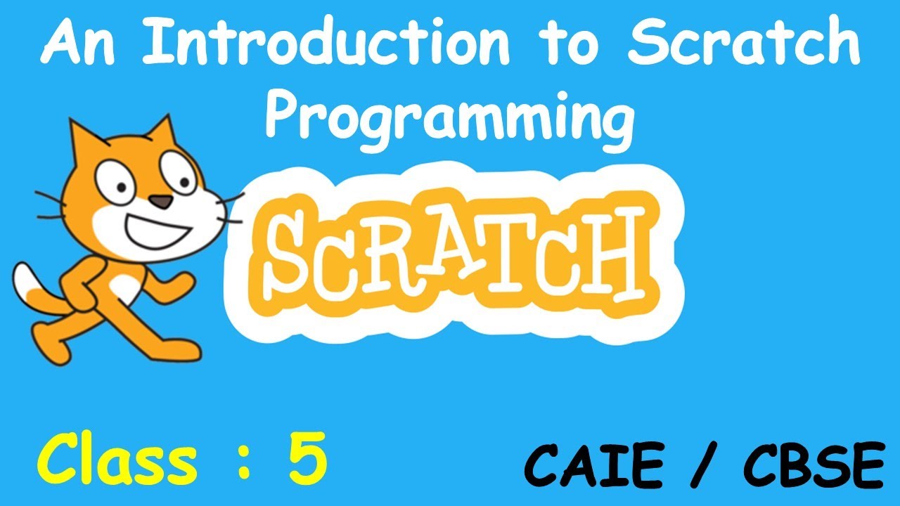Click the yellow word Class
(x=115, y=460)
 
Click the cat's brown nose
(x=163, y=202)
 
